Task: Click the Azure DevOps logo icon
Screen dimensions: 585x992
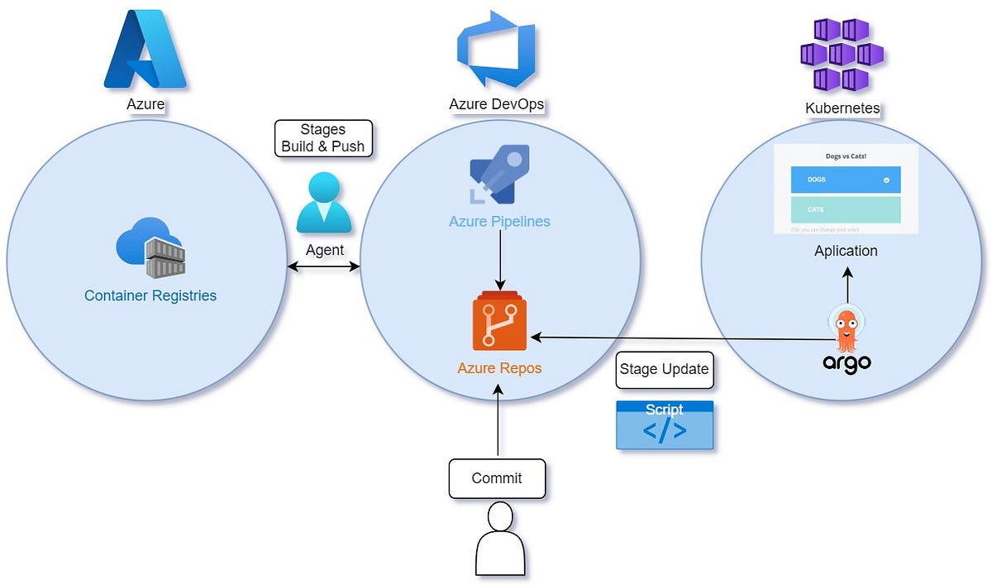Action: [497, 50]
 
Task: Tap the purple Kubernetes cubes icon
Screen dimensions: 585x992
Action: [842, 55]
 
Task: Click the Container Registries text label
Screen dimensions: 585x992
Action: [150, 295]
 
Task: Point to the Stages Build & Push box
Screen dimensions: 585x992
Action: [322, 138]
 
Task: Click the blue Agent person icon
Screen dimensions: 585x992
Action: [324, 202]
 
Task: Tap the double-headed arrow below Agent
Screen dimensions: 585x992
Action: [323, 266]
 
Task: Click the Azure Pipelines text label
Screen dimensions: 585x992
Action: [499, 222]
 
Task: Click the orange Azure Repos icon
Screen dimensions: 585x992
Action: [499, 323]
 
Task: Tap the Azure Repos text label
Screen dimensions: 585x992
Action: [499, 367]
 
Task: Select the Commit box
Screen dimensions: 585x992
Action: [497, 478]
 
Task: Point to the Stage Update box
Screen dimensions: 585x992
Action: [664, 369]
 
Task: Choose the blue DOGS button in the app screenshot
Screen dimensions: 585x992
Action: [845, 180]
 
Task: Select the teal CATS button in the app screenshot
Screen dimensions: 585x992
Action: [845, 209]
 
